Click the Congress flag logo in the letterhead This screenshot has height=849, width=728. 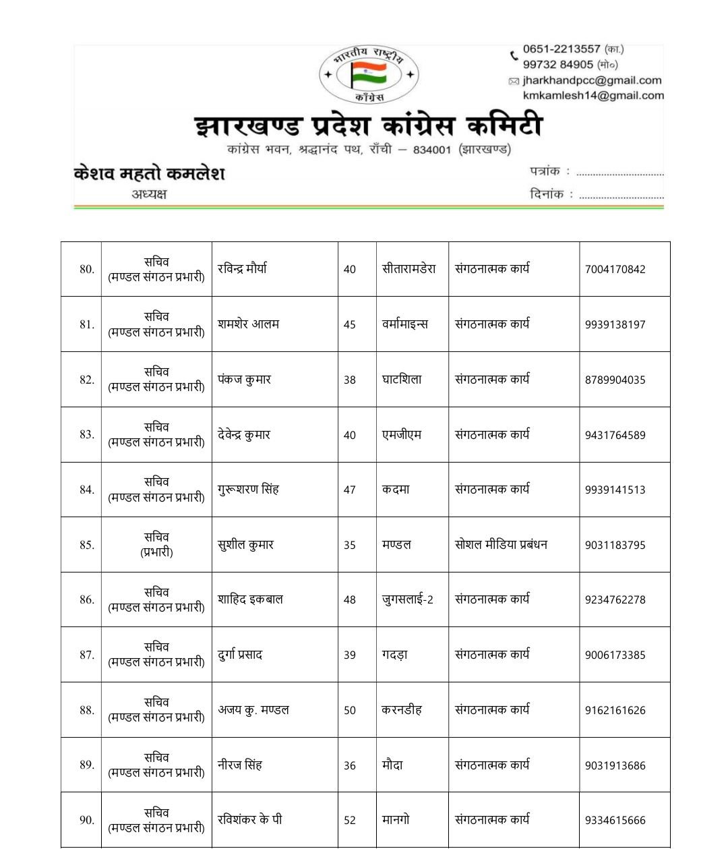369,74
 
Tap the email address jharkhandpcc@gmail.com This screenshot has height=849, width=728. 592,80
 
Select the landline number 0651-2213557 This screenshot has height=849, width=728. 561,49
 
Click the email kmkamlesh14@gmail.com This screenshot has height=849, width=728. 593,96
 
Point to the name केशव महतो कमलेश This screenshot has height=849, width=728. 149,173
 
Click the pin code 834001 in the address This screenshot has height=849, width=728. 431,150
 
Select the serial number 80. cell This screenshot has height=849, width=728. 86,269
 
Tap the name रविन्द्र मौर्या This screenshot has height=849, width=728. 242,268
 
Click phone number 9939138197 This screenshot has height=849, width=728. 615,324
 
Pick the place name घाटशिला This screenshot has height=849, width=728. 402,380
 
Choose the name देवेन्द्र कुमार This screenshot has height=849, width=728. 244,435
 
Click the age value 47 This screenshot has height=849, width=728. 349,490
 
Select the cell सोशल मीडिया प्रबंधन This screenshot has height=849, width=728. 501,545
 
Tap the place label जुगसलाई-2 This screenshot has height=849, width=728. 407,599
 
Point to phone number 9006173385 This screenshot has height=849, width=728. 615,655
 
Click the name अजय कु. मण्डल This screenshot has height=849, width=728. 253,710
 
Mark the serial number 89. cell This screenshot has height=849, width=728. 86,765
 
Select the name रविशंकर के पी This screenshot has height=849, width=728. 249,820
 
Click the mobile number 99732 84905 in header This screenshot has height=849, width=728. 557,65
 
